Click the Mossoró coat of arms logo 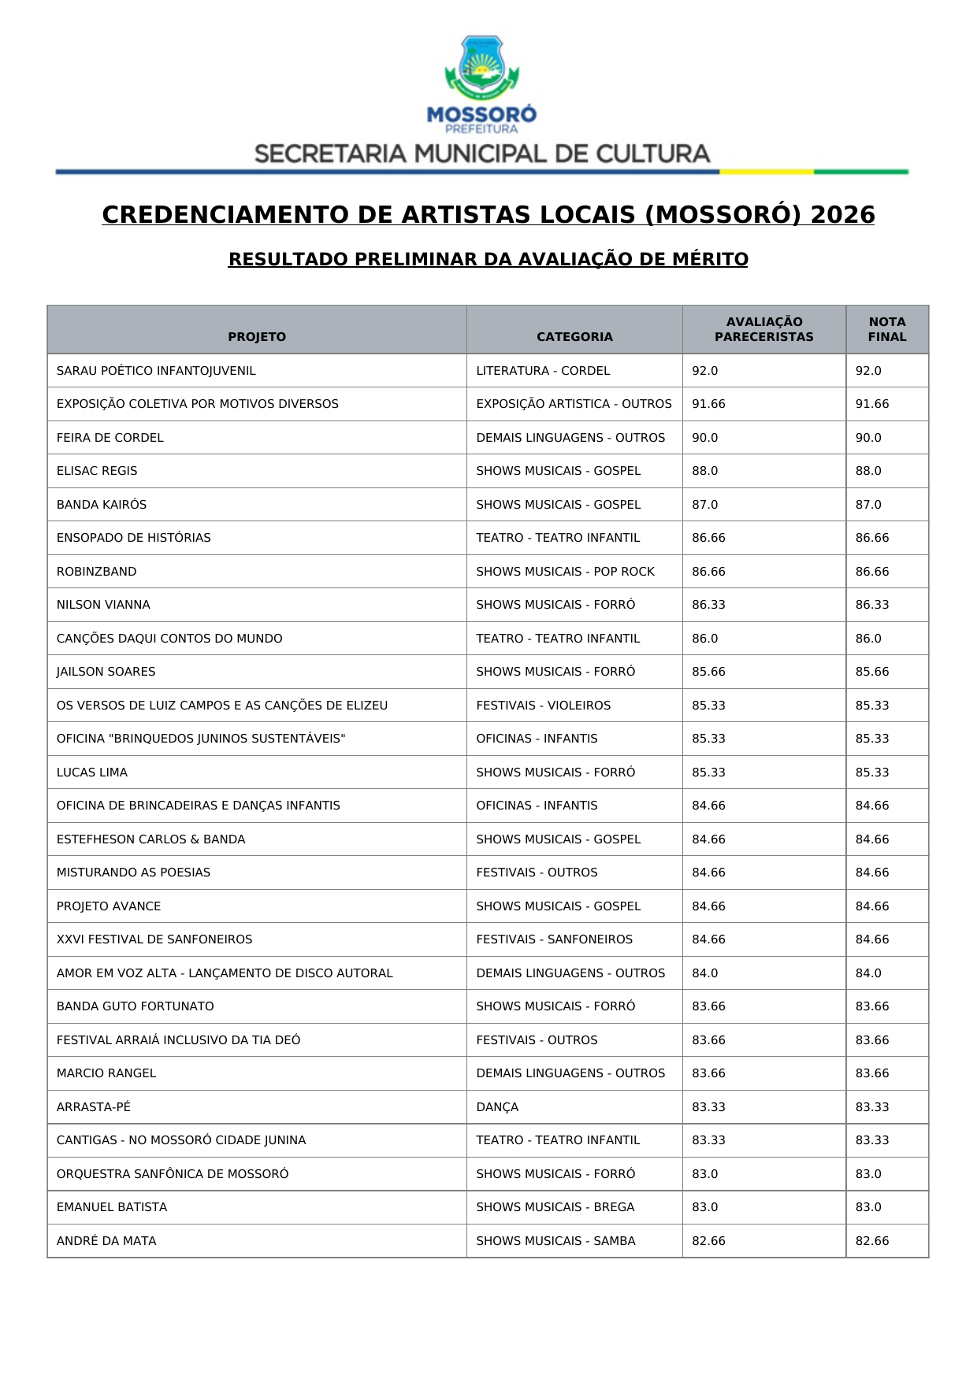481,69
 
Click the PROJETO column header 257,337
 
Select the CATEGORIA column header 574,337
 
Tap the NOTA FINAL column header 887,329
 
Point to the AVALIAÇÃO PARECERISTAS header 763,329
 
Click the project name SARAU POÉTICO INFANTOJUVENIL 156,371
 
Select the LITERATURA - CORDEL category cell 543,371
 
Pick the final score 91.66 872,404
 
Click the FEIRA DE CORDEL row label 110,438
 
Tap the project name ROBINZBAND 96,572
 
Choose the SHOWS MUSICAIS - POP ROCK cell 565,572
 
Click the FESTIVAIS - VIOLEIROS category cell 543,706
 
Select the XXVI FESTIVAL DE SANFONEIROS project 154,939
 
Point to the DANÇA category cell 497,1107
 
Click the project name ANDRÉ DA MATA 106,1241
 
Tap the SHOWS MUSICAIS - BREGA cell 555,1207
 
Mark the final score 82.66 872,1241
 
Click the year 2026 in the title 842,215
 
